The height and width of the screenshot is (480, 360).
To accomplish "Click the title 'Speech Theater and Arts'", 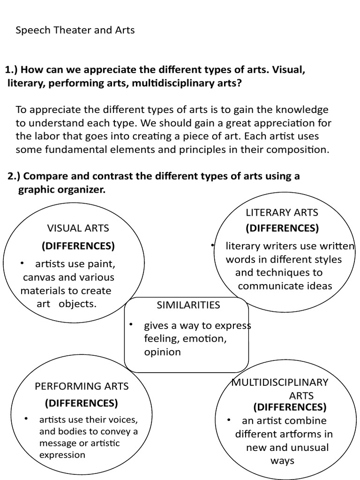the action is [x=75, y=30].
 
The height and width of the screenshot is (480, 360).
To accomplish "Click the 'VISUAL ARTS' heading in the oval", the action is [x=78, y=228].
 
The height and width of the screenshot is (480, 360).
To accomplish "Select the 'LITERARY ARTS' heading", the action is [x=282, y=212].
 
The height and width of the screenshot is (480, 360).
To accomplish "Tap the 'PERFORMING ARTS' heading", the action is [x=82, y=386].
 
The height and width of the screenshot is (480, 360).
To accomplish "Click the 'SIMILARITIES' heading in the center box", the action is [x=188, y=305].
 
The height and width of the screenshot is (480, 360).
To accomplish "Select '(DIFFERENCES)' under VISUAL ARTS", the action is [x=78, y=246].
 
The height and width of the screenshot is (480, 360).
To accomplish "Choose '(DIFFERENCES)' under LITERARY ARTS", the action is [x=282, y=228].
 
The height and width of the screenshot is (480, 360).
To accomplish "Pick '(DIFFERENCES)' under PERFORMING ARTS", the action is [x=82, y=403].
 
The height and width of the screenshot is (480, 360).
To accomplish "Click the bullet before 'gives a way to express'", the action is [x=132, y=324].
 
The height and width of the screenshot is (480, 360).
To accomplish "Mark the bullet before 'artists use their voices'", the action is [x=27, y=419].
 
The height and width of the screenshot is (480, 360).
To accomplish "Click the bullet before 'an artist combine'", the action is [x=229, y=420].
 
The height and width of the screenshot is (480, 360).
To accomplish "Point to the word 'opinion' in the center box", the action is [x=162, y=352].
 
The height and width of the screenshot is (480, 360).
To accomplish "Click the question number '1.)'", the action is [x=12, y=70].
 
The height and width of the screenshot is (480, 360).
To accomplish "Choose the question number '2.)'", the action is [x=15, y=176].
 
